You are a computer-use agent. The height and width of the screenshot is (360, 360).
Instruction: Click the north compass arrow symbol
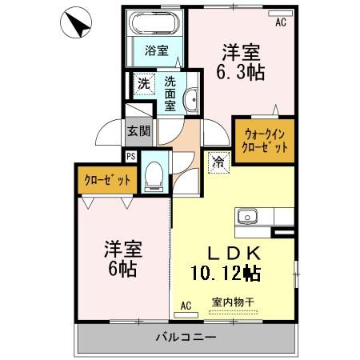(x=74, y=23)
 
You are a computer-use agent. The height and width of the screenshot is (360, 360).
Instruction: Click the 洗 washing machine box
(x=143, y=83)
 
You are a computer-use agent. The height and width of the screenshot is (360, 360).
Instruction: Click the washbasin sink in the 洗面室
(x=191, y=101)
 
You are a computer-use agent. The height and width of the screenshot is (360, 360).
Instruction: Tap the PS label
(x=130, y=157)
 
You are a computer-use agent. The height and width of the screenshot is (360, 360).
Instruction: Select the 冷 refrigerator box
(x=218, y=162)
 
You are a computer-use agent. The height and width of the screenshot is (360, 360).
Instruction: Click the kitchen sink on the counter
(x=246, y=216)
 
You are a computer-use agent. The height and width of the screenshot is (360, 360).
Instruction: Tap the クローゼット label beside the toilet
(x=106, y=181)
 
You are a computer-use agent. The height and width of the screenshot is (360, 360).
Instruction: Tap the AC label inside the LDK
(x=186, y=306)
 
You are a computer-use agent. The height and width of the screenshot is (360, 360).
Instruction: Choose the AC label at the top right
(x=280, y=22)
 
